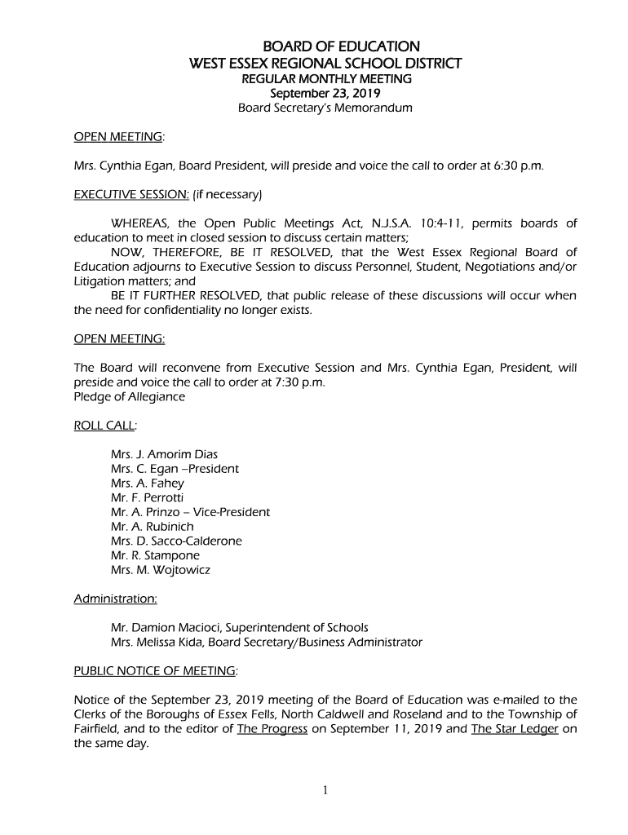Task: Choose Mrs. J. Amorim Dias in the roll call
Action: (x=164, y=454)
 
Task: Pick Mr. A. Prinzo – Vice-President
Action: (x=190, y=512)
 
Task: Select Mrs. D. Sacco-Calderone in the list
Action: (x=176, y=541)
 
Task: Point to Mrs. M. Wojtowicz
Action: (x=160, y=570)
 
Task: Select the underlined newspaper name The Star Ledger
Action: (x=515, y=728)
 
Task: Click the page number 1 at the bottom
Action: (x=325, y=789)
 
